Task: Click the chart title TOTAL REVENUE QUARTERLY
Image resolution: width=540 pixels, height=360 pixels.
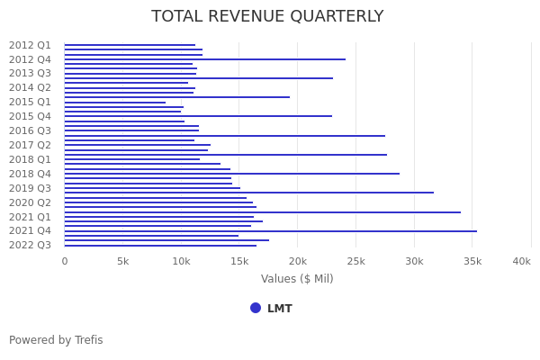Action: [267, 17]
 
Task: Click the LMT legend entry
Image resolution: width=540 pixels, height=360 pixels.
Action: [279, 309]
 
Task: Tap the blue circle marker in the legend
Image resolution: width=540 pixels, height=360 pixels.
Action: [256, 308]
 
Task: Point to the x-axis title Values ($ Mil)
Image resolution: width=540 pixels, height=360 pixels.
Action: [297, 279]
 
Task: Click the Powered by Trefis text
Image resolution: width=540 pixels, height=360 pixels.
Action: [56, 340]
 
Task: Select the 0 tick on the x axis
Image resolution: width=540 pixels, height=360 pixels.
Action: [64, 261]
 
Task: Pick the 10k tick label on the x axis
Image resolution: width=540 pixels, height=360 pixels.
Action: [181, 261]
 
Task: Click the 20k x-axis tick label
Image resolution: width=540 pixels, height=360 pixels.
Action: [297, 261]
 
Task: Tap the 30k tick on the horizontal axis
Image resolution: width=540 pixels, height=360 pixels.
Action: [414, 261]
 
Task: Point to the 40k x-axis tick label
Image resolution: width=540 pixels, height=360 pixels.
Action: [521, 261]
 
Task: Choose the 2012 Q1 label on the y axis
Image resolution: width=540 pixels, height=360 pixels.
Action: [30, 45]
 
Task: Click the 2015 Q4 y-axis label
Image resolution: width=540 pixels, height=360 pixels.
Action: [30, 116]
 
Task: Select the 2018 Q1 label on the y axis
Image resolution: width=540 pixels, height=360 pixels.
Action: [30, 159]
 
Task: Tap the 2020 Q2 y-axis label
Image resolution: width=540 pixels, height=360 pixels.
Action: [30, 202]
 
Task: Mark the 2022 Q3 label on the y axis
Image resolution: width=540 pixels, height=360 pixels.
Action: [30, 245]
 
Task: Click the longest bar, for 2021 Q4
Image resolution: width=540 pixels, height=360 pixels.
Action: [270, 231]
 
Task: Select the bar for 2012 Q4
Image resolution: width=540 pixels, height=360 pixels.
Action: [204, 59]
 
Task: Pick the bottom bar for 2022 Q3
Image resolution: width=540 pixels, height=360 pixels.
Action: [160, 246]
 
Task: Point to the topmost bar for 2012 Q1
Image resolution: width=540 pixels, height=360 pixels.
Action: [130, 45]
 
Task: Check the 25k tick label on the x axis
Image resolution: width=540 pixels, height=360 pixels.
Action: [355, 261]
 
